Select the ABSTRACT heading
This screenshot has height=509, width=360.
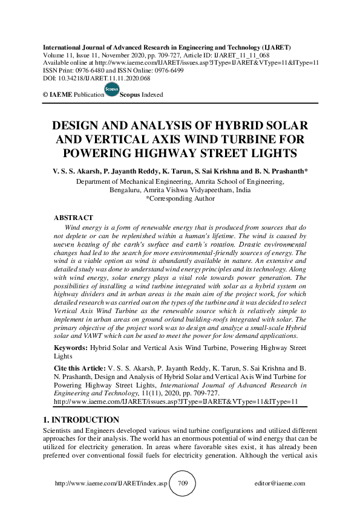coord(73,218)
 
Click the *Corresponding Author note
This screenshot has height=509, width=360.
coord(180,198)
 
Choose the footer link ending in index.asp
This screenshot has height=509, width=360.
coord(111,484)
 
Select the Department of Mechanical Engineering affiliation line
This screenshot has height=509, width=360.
coord(180,181)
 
